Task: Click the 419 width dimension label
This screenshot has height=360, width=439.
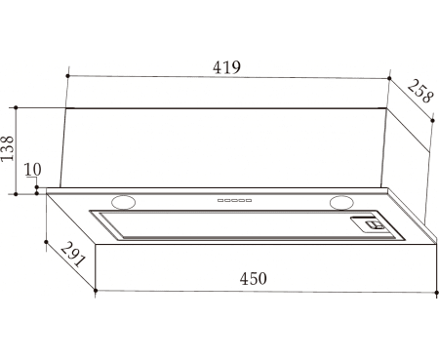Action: [x=227, y=67]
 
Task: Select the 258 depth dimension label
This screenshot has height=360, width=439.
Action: [x=420, y=92]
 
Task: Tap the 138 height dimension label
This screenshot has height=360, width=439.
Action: [x=8, y=148]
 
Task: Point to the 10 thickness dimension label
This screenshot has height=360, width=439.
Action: [x=33, y=170]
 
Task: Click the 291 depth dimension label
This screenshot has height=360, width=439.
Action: [x=73, y=254]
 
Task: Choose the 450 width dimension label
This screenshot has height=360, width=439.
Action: [x=254, y=279]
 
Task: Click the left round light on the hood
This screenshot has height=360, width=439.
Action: [x=123, y=202]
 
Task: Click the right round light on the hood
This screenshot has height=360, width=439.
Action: [x=341, y=202]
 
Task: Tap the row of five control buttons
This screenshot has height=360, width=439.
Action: [x=234, y=200]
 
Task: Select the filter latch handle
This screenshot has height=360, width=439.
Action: [x=374, y=224]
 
